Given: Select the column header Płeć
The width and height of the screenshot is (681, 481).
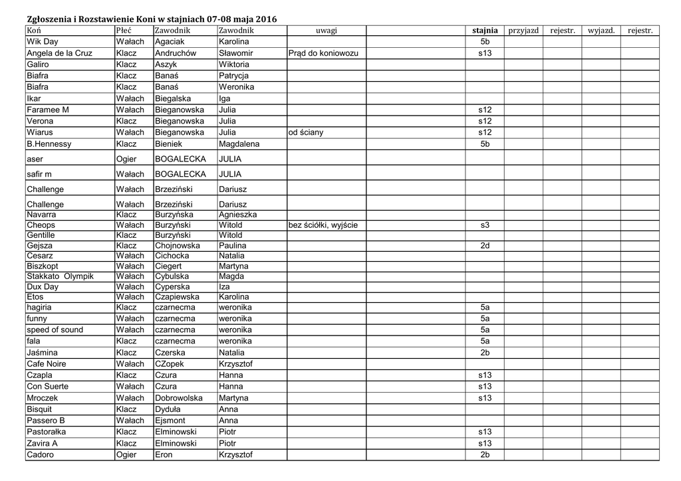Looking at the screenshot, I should click(124, 31).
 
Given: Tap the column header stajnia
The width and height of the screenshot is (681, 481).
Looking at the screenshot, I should click(485, 31).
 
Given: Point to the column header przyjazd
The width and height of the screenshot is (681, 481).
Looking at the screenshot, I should click(523, 31).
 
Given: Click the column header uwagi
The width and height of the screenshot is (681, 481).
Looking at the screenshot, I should click(326, 31).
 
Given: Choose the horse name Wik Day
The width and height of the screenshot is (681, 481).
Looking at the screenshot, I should click(43, 42).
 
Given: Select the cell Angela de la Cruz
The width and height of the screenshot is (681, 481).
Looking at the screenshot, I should click(59, 53).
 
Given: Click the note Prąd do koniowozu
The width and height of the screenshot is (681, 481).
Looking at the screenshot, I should click(323, 53).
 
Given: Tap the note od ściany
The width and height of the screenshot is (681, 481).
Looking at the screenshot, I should click(306, 133).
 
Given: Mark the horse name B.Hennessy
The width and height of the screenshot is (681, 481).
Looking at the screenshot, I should click(49, 144).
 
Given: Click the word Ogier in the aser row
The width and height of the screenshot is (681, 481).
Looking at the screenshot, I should click(126, 159).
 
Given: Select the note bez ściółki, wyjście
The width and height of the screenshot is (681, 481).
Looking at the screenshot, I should click(323, 225).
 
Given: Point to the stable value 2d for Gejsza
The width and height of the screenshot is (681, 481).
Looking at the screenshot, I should click(485, 246).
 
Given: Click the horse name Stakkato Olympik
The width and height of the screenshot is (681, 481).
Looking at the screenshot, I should click(60, 276).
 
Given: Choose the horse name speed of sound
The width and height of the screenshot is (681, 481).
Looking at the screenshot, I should click(55, 330).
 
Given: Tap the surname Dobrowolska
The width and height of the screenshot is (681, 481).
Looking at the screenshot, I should click(179, 398).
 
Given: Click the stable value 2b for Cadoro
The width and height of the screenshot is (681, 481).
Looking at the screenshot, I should click(485, 455).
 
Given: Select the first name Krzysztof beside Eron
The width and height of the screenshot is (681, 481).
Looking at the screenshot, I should click(235, 455).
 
